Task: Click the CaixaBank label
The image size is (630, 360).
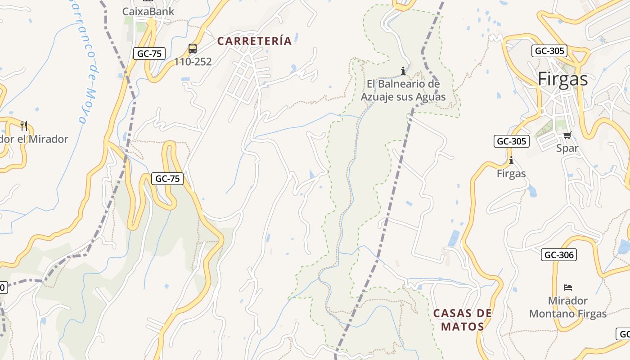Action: click(148, 11)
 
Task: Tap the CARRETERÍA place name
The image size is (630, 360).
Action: click(255, 41)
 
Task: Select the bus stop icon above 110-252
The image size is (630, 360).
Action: click(193, 49)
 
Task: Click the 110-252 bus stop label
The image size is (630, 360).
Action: click(193, 62)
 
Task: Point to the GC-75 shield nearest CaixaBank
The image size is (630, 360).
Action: click(149, 54)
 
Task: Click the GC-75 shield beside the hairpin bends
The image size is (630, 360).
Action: click(167, 179)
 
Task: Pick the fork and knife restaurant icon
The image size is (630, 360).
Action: click(24, 126)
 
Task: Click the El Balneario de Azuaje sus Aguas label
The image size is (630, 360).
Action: click(403, 90)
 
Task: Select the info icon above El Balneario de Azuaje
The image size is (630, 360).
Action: click(403, 71)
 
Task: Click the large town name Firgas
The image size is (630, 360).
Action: click(563, 79)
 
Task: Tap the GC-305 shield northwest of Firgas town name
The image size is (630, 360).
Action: click(549, 51)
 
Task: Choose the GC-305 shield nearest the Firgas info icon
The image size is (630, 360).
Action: click(511, 141)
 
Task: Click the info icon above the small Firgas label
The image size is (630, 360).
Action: click(511, 161)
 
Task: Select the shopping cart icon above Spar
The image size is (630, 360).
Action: click(567, 135)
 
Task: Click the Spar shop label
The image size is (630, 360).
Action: click(567, 148)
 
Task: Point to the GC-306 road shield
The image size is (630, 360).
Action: click(559, 255)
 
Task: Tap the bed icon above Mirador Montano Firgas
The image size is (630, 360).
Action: click(568, 287)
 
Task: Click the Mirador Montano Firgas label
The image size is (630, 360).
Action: click(568, 307)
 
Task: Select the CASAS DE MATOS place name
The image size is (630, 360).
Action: click(463, 319)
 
